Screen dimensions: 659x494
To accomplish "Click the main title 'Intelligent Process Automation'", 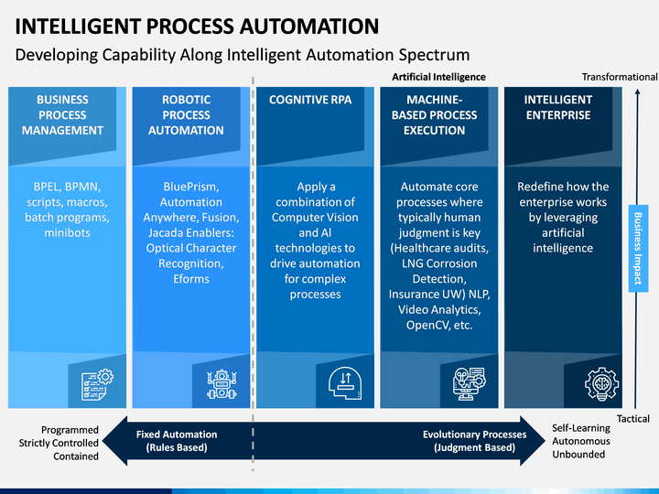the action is click(x=197, y=26).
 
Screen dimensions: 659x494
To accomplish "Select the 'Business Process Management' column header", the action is click(x=62, y=115).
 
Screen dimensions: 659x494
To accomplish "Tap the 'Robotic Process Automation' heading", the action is click(x=186, y=115).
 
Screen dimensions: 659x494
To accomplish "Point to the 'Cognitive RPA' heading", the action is click(x=310, y=100).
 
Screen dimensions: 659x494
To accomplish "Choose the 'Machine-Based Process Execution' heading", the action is click(x=435, y=115).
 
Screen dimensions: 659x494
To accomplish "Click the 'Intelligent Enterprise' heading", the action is click(x=558, y=108).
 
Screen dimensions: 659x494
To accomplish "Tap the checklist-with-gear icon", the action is click(x=97, y=384).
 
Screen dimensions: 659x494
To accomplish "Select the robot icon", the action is click(x=221, y=384).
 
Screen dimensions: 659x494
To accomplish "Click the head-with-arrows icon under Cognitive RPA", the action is click(x=345, y=383).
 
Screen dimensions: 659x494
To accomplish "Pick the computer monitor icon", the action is click(x=469, y=383).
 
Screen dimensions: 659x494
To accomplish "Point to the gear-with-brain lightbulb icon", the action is click(x=601, y=384).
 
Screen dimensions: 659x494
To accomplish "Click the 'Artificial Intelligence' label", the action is click(x=438, y=77).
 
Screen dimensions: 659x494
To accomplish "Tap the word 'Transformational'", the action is click(x=620, y=77).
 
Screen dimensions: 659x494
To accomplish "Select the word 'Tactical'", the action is click(x=633, y=419).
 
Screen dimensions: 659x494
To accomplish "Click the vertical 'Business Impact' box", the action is click(x=638, y=248).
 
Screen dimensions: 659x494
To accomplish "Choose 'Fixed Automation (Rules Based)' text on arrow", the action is click(x=177, y=441).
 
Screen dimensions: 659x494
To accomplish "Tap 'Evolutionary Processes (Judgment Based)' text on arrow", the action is click(x=474, y=441).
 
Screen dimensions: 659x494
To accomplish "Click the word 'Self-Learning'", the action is click(x=581, y=428).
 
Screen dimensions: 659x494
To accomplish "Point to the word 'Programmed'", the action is click(x=70, y=430).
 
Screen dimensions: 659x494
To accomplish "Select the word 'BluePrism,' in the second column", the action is click(x=191, y=187).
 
